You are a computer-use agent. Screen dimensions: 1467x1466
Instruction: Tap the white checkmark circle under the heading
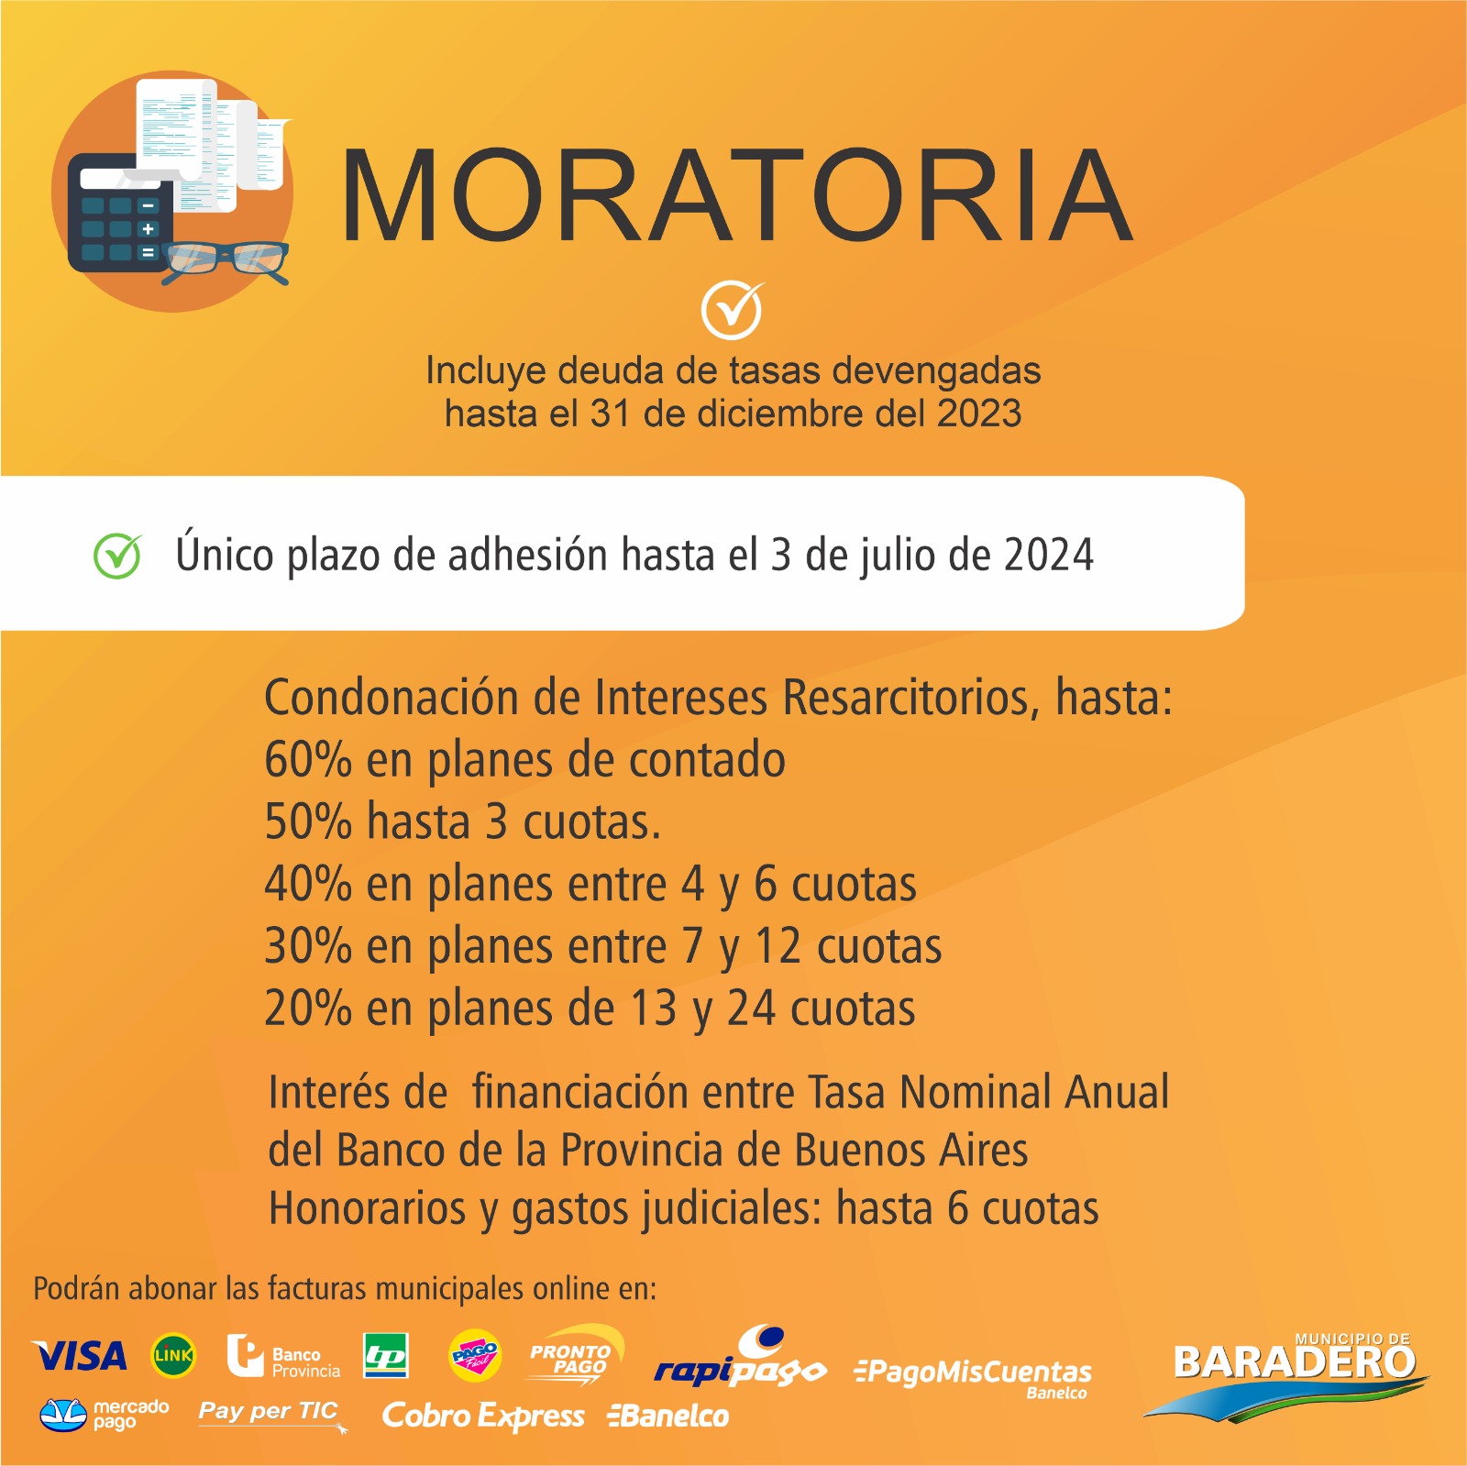pos(732,310)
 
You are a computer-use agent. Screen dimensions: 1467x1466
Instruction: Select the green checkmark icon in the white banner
pos(117,555)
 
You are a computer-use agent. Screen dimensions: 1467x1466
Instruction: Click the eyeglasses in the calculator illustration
pos(226,262)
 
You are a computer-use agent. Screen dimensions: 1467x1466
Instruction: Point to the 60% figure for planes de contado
pos(308,760)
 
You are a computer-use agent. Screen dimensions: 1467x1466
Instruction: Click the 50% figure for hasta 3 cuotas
pos(308,821)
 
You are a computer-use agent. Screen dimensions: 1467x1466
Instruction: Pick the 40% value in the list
pos(308,884)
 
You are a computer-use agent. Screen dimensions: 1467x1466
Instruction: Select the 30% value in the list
pos(308,946)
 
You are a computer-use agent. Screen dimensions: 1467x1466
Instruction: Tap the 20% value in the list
pos(308,1009)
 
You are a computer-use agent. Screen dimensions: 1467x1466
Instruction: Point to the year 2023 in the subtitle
pos(978,413)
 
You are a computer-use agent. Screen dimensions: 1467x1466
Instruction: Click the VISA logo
pos(80,1356)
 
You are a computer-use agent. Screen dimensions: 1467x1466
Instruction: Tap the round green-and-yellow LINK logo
pos(173,1356)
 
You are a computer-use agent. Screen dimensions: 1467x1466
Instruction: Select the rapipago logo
pos(741,1359)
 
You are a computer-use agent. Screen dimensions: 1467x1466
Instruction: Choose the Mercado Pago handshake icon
pos(63,1415)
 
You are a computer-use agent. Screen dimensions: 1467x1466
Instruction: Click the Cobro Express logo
pos(483,1416)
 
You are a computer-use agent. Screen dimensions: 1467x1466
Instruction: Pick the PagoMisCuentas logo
pos(973,1376)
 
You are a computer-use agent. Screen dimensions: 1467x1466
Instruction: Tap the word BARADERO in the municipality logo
pos(1295,1362)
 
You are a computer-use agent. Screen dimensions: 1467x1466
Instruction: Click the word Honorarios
pos(368,1208)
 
